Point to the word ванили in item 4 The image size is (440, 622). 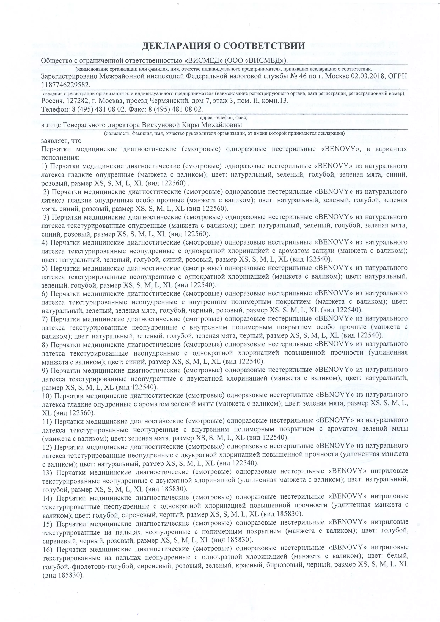click(x=320, y=251)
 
